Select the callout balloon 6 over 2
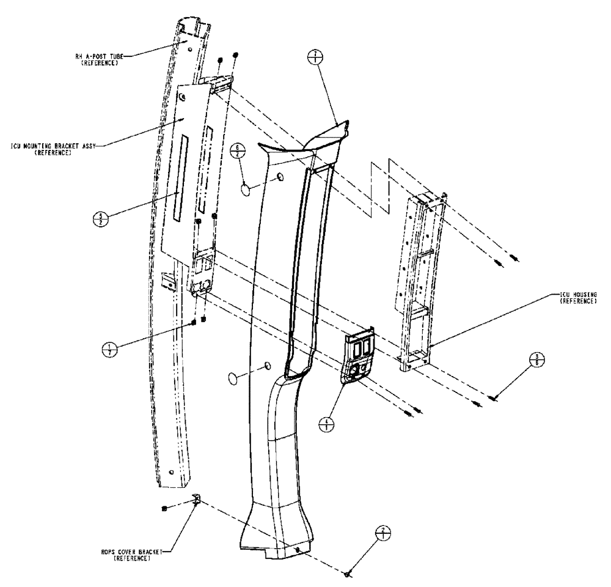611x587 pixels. pyautogui.click(x=239, y=152)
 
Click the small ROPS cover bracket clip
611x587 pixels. pyautogui.click(x=196, y=502)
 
